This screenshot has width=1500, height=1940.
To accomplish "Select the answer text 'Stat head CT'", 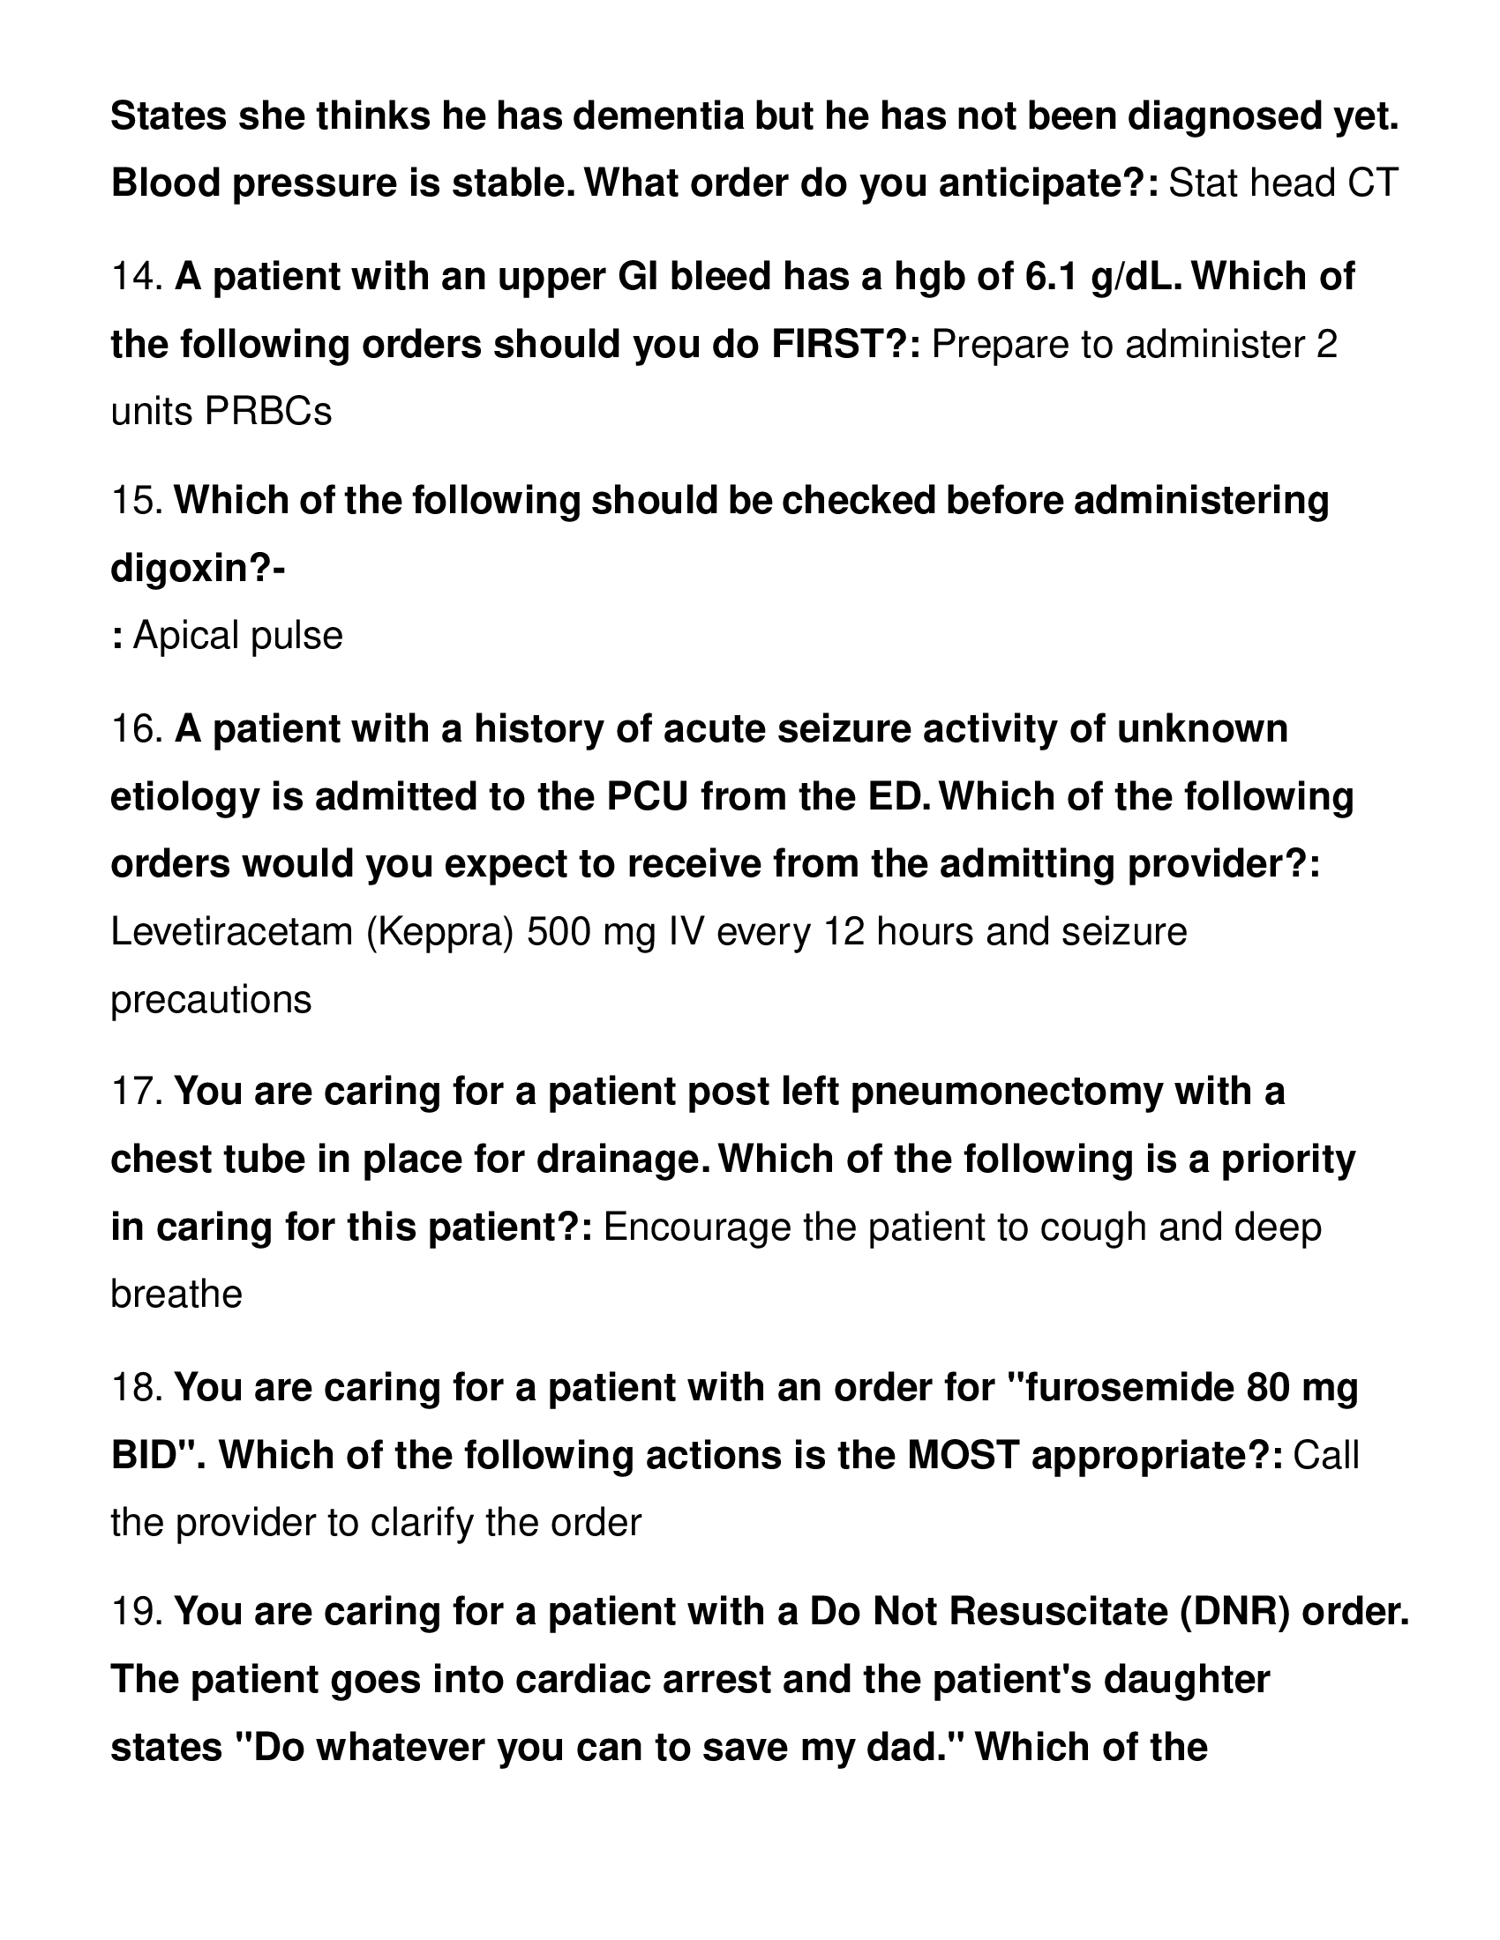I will pos(1283,184).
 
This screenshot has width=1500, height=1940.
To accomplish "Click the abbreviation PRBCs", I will pos(267,412).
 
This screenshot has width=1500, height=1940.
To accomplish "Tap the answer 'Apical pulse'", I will pos(237,636).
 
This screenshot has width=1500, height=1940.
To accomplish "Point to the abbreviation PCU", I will pos(647,797).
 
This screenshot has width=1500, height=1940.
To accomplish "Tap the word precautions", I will pos(211,1000).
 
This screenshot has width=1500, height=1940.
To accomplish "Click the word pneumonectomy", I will pos(1007,1092).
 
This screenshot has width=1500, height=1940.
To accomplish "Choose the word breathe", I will pos(176,1295).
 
